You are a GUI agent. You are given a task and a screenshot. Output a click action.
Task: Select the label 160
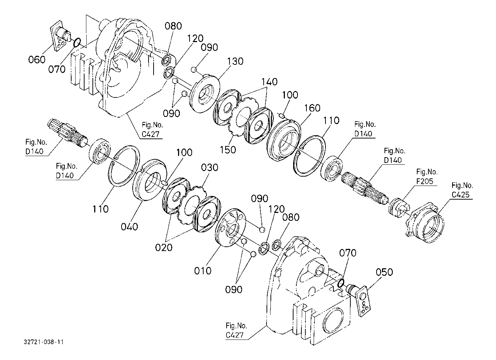coord(312,108)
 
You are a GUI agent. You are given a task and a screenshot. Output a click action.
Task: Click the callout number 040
coord(129,226)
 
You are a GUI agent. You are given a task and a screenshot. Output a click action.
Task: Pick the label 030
coord(209,168)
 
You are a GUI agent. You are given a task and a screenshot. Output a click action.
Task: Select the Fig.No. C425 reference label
coord(462,190)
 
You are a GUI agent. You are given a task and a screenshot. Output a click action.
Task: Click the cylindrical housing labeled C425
coord(428,225)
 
